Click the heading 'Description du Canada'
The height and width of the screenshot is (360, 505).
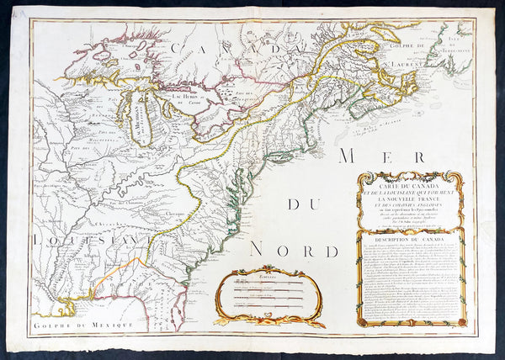[x=410, y=238]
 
